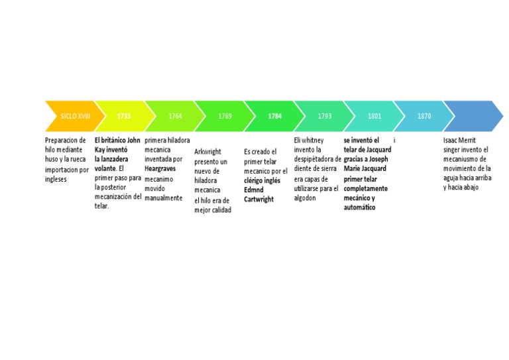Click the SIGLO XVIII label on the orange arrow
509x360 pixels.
coord(75,116)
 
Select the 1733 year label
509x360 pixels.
coord(124,116)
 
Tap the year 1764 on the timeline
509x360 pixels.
coord(175,116)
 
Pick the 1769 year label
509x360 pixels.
coord(225,116)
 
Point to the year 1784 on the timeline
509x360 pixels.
coord(275,116)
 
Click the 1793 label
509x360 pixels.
coord(325,116)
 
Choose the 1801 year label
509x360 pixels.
coord(374,116)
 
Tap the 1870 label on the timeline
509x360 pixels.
coord(424,116)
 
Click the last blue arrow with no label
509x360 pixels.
coord(472,116)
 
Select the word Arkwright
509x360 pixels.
coord(207,152)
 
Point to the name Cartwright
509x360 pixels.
coord(258,199)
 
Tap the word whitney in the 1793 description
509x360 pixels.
coord(313,141)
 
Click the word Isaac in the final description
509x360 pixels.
coord(451,141)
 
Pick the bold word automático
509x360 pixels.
coord(359,208)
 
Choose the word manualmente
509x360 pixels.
coord(163,198)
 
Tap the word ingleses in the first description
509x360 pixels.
coord(56,178)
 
